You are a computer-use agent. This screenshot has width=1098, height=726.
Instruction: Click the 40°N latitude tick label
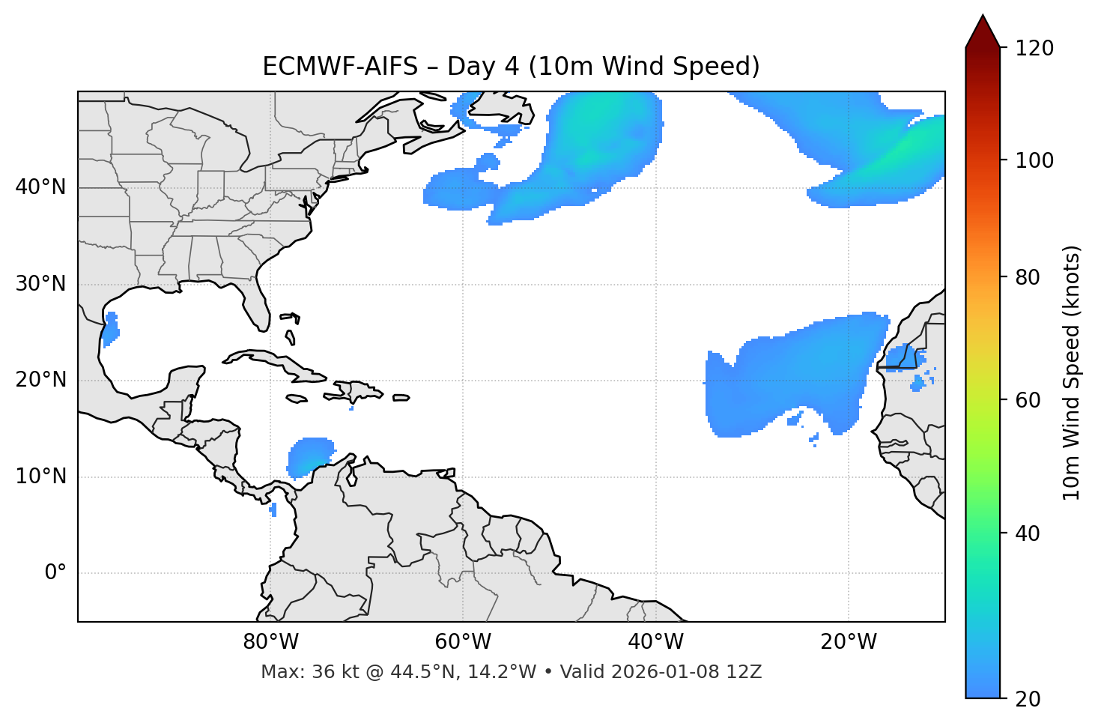click(x=40, y=187)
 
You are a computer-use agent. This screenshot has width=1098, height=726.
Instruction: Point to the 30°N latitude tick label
click(x=40, y=284)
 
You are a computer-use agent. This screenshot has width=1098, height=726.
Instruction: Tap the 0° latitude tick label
click(x=55, y=573)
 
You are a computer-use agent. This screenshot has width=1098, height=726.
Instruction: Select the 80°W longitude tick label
click(x=270, y=642)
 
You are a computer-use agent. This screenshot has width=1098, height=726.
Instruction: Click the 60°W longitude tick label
click(x=463, y=642)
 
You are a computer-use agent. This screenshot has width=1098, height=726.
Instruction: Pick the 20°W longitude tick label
click(x=849, y=642)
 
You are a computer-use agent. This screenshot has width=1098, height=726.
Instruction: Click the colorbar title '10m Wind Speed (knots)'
click(x=1072, y=373)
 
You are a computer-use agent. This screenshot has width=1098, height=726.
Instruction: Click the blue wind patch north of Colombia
click(x=309, y=456)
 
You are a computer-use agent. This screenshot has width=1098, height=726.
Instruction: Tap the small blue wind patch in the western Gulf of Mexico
click(x=110, y=328)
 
